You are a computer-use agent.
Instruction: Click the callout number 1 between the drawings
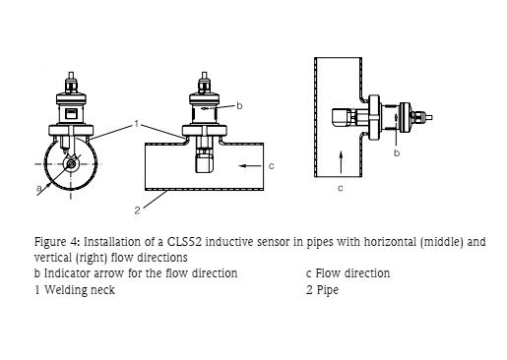coord(137,124)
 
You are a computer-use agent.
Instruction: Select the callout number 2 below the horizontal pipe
coord(138,210)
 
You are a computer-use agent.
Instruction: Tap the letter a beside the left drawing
coord(39,188)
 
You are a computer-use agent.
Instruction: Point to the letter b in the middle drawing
coord(239,105)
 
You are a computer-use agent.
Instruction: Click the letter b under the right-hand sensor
coord(397,152)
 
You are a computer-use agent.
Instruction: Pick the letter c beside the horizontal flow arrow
coord(271,166)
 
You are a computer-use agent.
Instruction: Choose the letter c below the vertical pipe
coord(341,188)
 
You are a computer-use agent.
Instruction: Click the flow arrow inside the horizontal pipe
coord(250,166)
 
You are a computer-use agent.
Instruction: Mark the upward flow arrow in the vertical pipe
coord(341,161)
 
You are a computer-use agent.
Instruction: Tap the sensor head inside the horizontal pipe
coord(204,162)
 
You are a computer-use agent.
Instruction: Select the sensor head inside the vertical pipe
coord(341,117)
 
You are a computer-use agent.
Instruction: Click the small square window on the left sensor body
coord(71,114)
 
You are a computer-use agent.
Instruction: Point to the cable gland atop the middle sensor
coord(204,85)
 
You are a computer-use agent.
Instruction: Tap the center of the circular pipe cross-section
coord(71,164)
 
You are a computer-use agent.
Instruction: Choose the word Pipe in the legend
coord(327,290)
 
